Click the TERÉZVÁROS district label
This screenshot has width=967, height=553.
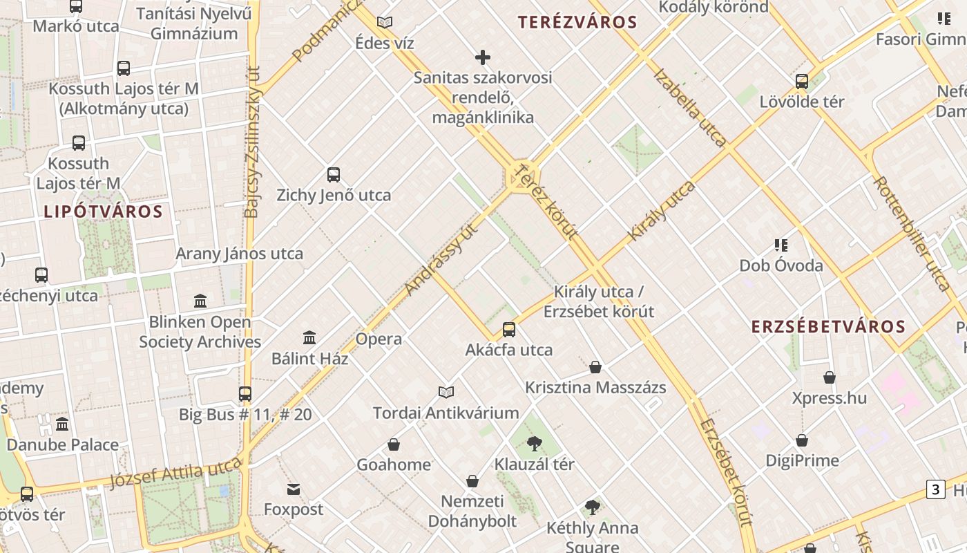[x=577, y=22]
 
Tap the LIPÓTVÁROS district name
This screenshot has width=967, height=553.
[x=103, y=212]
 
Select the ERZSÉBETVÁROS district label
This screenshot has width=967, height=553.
[x=828, y=327]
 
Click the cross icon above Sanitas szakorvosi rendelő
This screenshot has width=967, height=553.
[x=483, y=57]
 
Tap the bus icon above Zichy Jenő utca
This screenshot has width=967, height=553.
[x=334, y=175]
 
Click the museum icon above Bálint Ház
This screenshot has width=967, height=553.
[x=309, y=338]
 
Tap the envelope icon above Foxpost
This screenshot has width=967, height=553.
[x=294, y=489]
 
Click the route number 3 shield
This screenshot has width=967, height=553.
[x=935, y=489]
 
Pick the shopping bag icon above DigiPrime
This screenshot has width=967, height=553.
[x=802, y=440]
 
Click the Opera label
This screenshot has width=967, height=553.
[x=379, y=339]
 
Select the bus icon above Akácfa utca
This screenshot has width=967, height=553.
[x=509, y=330]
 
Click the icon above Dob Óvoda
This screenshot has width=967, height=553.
[x=781, y=245]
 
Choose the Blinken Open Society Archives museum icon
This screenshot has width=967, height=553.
[x=200, y=301]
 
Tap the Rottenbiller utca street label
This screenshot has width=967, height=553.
[x=911, y=233]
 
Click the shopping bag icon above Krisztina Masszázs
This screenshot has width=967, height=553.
[x=595, y=367]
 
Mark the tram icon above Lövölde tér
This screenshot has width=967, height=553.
[x=802, y=82]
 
